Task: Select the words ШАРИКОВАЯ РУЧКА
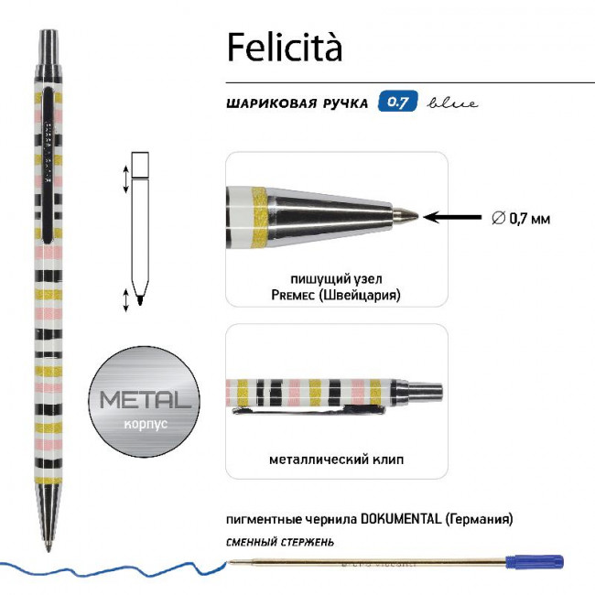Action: (x=295, y=103)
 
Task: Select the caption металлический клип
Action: (x=336, y=459)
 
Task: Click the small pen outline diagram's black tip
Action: (x=140, y=299)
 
